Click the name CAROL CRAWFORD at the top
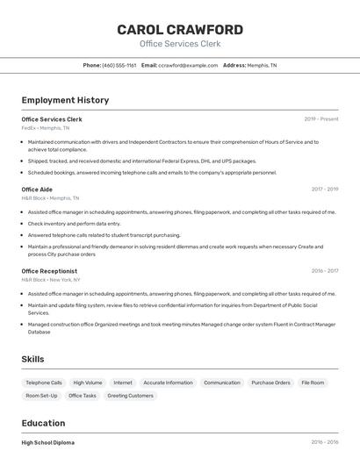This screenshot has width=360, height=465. [180, 30]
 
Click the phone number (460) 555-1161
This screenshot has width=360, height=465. [119, 65]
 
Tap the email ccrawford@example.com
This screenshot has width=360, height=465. [188, 65]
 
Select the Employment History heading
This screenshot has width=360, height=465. [65, 100]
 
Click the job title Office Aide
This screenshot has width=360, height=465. [37, 190]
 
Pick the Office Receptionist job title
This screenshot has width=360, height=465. [49, 271]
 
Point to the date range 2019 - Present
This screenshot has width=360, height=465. [321, 119]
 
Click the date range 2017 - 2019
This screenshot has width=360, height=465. [324, 190]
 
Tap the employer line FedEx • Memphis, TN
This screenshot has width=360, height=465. [45, 128]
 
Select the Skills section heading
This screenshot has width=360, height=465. [32, 360]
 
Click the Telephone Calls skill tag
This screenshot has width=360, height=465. [44, 383]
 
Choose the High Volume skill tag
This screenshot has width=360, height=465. [88, 383]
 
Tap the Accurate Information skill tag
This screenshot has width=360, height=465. [168, 383]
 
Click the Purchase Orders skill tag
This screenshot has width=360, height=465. [270, 383]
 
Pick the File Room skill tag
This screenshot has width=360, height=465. [313, 383]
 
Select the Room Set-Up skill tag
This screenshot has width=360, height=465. [41, 396]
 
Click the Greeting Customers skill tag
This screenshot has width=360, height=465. [130, 396]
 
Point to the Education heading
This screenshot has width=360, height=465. [43, 422]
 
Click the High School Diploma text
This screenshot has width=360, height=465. [47, 443]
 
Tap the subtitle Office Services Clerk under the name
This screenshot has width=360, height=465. [180, 44]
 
